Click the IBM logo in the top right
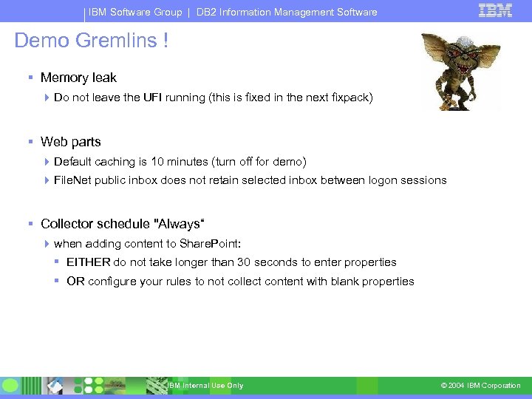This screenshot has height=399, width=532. click(x=495, y=10)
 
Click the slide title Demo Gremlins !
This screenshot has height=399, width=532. click(x=92, y=41)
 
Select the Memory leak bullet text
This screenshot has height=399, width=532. click(x=78, y=78)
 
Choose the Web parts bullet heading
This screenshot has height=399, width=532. click(x=71, y=142)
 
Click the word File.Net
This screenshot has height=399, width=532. click(x=72, y=180)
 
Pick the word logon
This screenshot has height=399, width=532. click(x=381, y=180)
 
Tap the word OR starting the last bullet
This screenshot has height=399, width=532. click(x=75, y=282)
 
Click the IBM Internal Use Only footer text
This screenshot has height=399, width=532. click(x=205, y=386)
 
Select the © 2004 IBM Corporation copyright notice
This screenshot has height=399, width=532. click(x=480, y=386)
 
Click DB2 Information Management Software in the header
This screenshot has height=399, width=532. click(x=287, y=12)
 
